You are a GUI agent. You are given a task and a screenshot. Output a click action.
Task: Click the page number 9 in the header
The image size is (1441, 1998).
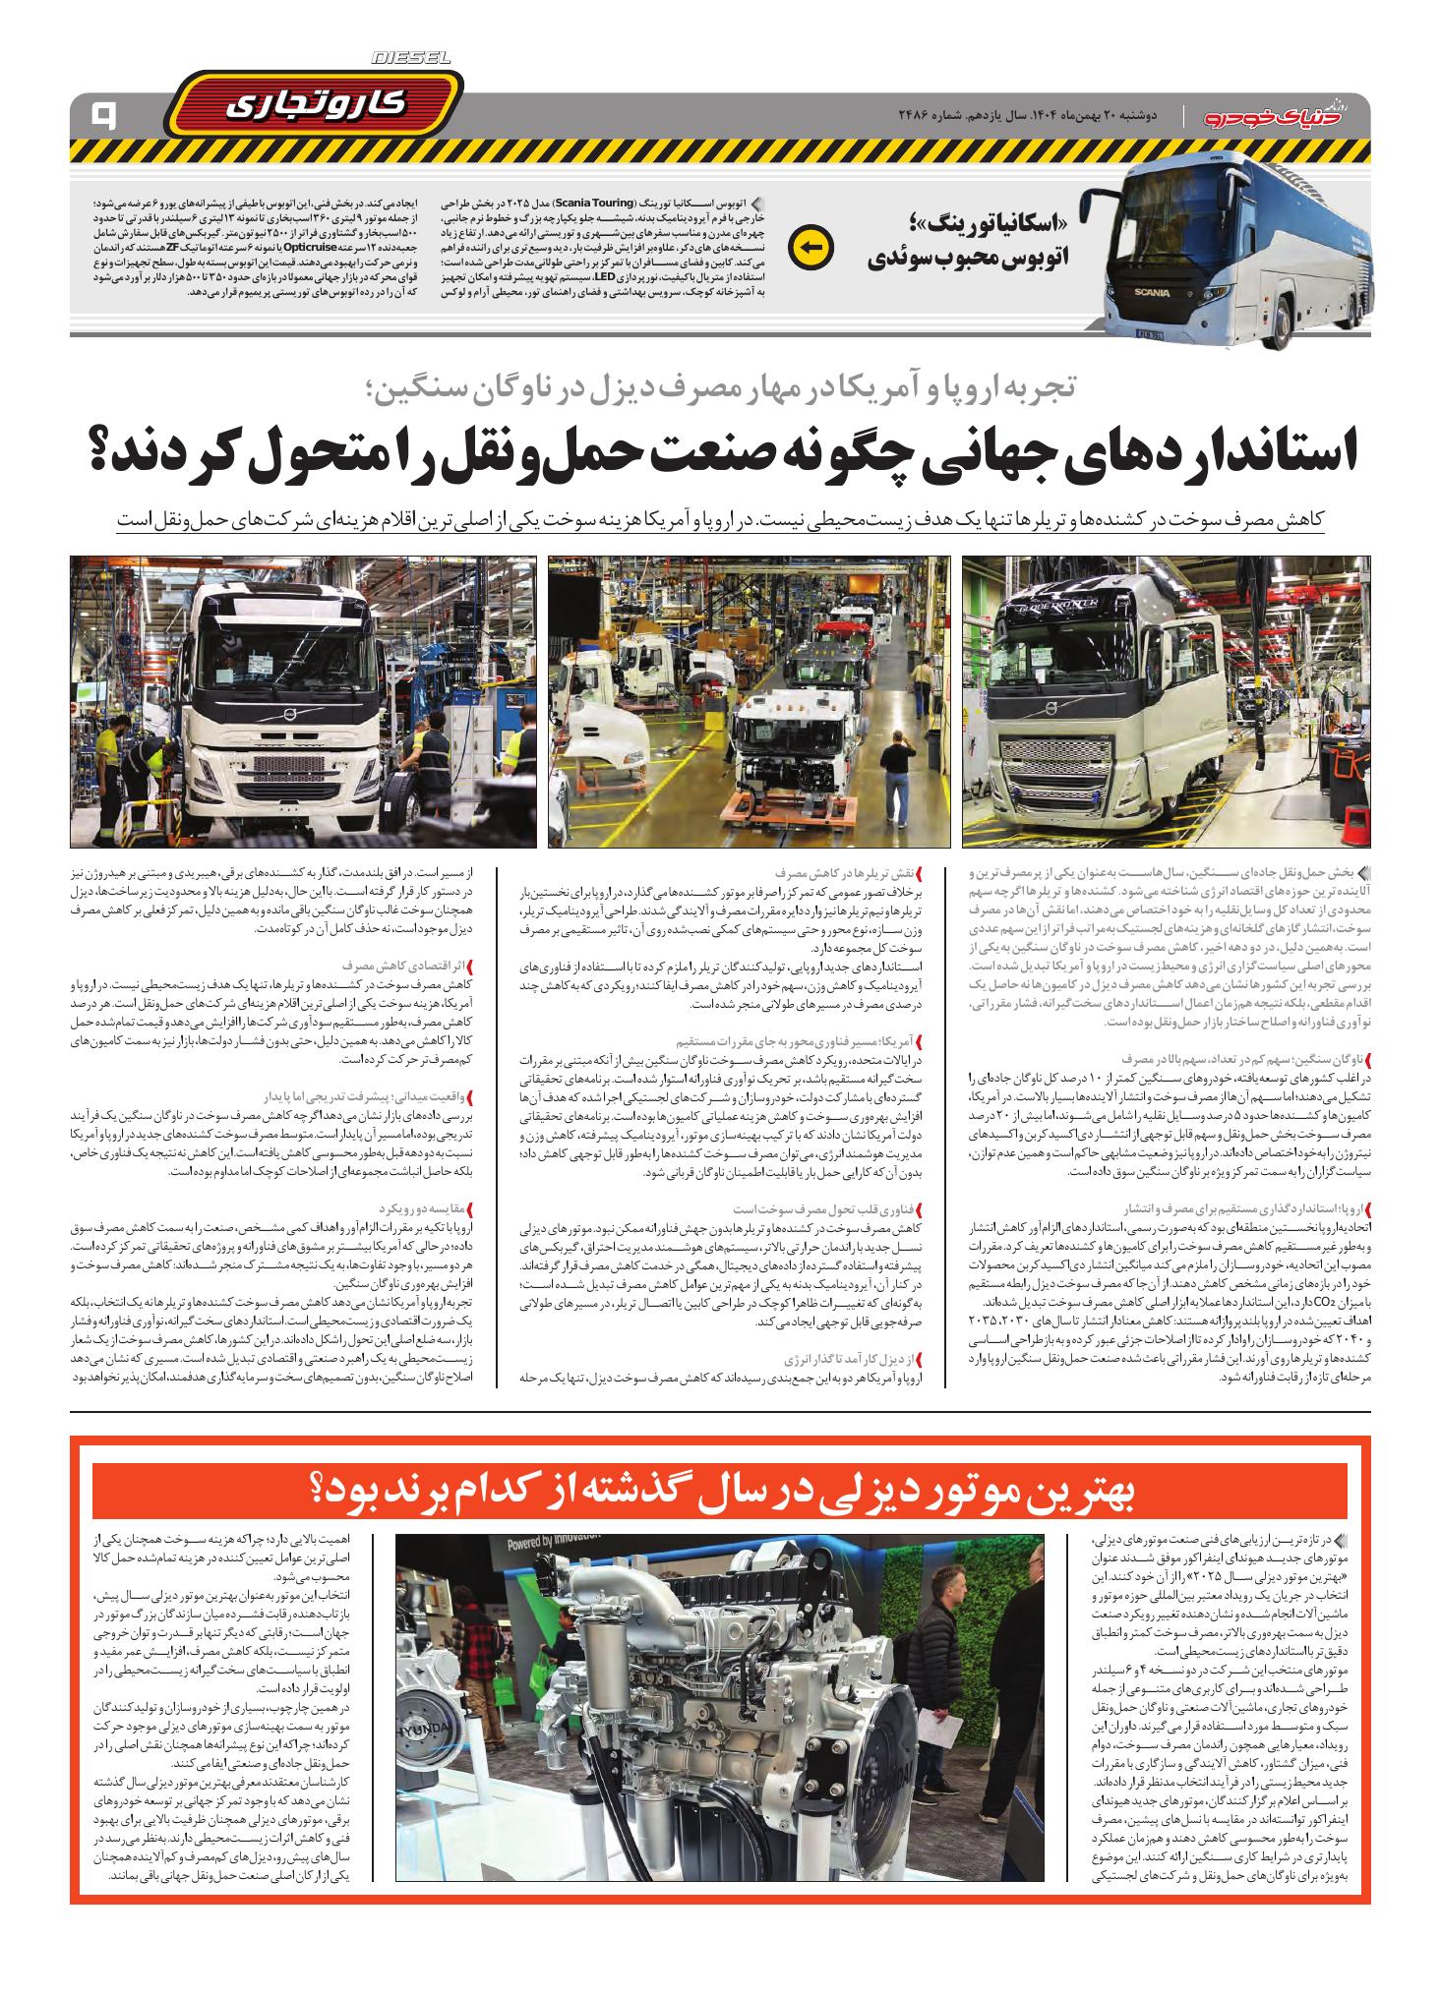click(x=101, y=117)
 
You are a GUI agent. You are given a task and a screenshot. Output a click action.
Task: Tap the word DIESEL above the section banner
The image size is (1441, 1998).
click(x=411, y=60)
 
